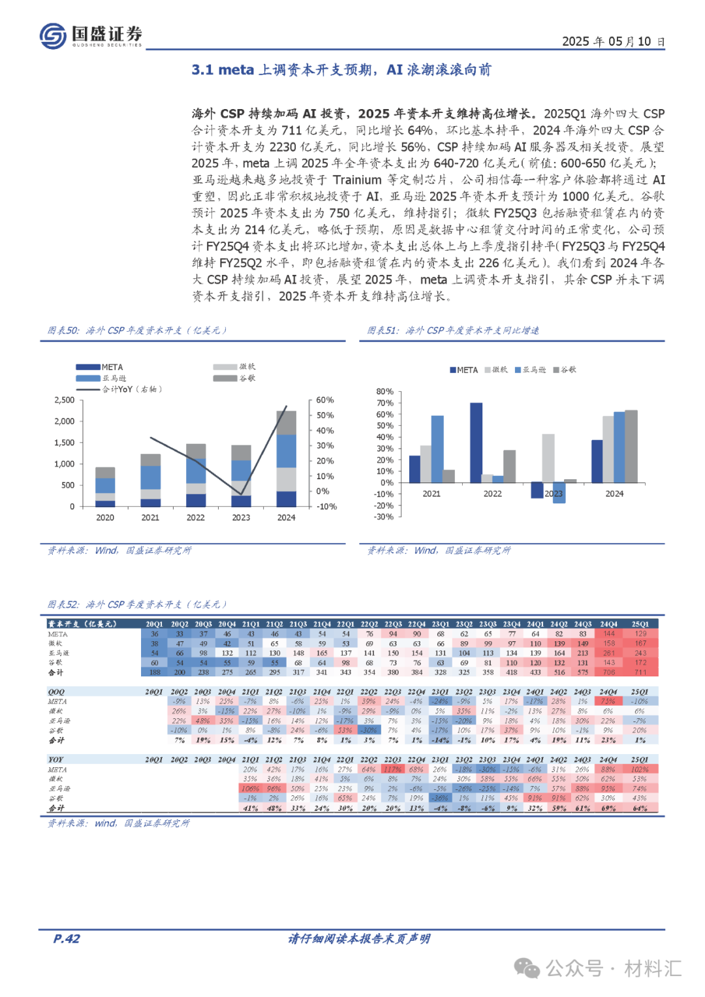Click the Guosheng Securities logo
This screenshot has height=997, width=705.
pos(90,35)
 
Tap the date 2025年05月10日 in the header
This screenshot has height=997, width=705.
pos(613,42)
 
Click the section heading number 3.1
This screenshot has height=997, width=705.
pos(202,70)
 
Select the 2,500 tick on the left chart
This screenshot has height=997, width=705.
pos(64,400)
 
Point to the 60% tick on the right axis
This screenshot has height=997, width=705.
pos(324,400)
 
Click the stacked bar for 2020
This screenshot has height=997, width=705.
pos(105,487)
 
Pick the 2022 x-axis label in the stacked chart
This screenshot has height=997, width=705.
pos(195,518)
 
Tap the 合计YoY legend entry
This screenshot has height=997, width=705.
pos(131,390)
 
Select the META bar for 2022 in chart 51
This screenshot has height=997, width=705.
pos(476,443)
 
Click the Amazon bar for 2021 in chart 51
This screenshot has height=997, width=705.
pos(437,449)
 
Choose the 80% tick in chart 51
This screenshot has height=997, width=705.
pos(384,392)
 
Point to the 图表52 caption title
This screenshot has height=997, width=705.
pos(63,605)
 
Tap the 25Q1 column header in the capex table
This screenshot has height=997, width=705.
pos(640,624)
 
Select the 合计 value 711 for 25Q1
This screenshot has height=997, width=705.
pos(640,672)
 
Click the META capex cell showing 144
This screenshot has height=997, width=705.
pos(609,634)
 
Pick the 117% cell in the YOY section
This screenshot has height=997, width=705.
pos(392,770)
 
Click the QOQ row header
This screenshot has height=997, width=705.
pos(57,692)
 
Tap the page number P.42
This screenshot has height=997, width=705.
pos(67,939)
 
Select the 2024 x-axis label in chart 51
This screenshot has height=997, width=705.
pos(614,494)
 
